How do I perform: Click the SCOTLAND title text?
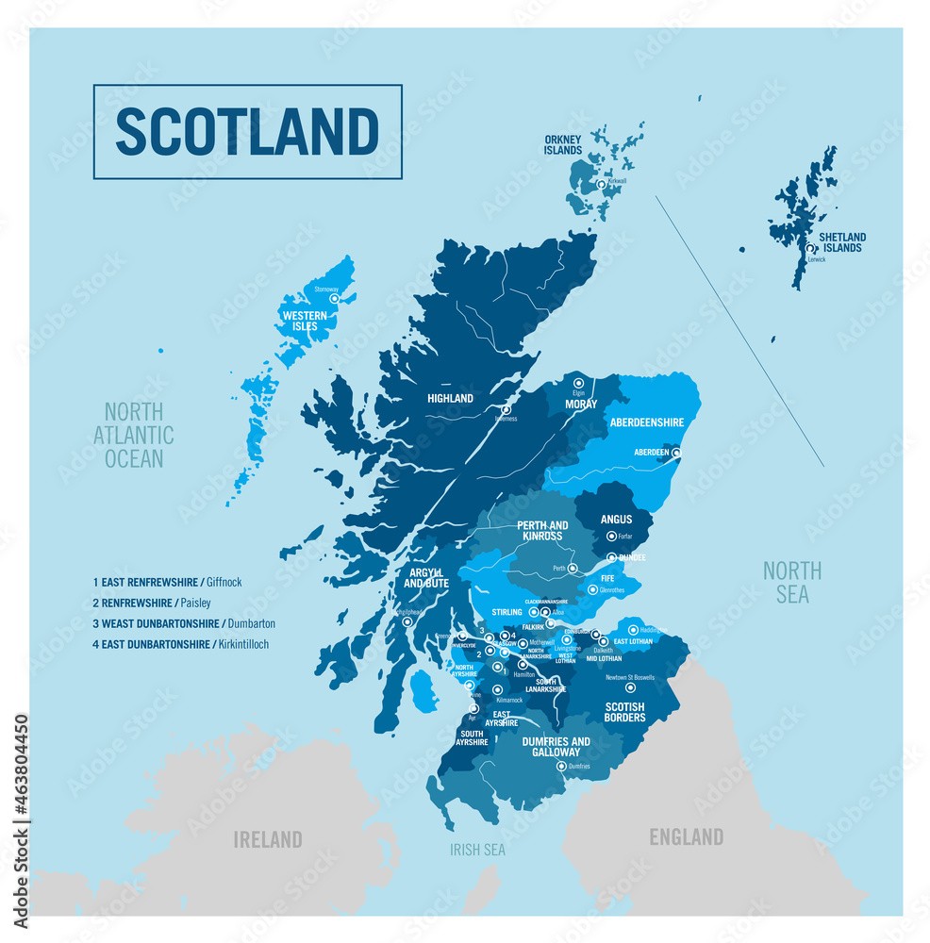coord(247,132)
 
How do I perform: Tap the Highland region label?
coord(450,398)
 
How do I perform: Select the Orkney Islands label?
coord(563,144)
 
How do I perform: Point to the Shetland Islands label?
coord(842,242)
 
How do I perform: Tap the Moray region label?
coord(581,404)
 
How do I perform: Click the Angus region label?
coord(616,519)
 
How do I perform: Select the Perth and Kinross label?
coord(542,530)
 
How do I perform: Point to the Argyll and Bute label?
coord(426,577)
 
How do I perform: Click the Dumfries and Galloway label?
coord(556,746)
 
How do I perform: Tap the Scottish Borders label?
coord(624,712)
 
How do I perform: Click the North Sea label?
coord(791,582)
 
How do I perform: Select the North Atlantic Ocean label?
coord(134,435)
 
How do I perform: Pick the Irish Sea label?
coord(477,850)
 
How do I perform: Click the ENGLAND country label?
coord(686,836)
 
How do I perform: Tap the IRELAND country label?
coord(268,838)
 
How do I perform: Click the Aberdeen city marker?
coord(675,453)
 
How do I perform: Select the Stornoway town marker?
coord(334,297)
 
